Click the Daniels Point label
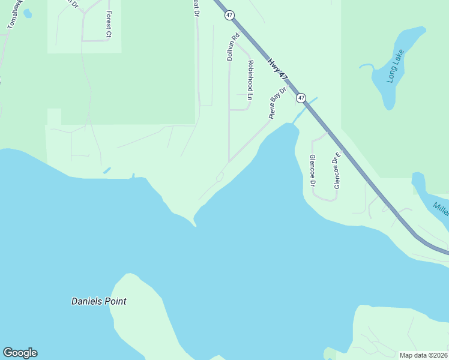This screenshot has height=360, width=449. (99, 302)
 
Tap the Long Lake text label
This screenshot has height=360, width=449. (396, 65)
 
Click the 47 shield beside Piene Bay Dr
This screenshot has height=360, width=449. (301, 98)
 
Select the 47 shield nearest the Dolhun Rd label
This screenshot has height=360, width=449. (229, 16)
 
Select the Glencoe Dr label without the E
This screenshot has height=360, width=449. (312, 170)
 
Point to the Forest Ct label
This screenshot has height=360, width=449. (109, 24)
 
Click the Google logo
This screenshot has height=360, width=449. (20, 353)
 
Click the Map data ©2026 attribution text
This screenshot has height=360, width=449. (423, 355)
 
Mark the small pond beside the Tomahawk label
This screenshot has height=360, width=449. (27, 13)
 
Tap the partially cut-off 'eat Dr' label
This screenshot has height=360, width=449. (196, 8)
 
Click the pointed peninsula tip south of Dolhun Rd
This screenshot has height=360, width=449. (194, 224)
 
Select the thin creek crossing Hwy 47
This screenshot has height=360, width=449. (305, 107)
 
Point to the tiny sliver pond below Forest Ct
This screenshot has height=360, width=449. (107, 170)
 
